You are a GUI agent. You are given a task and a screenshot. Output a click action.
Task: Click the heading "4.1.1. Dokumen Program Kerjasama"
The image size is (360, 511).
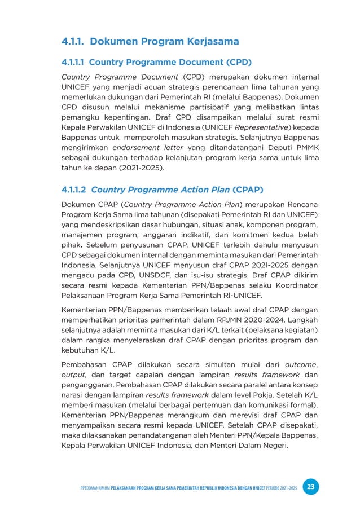pyautogui.click(x=150, y=42)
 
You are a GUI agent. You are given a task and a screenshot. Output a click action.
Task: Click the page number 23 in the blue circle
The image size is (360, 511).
pyautogui.click(x=309, y=487)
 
